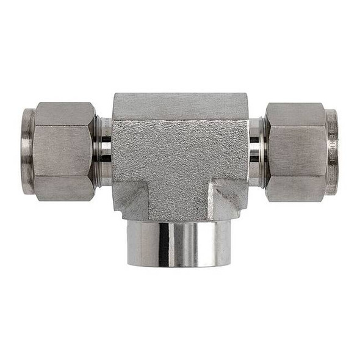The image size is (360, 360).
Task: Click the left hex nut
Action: click(x=64, y=151)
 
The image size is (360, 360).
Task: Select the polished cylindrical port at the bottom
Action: click(x=179, y=243)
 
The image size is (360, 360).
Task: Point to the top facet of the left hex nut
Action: click(x=64, y=113)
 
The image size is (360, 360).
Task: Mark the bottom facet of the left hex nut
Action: click(x=64, y=189)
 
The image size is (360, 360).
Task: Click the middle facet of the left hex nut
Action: click(x=64, y=151)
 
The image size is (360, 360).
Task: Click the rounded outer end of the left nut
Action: click(x=27, y=151)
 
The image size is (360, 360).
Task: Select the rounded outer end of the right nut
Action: click(x=331, y=151)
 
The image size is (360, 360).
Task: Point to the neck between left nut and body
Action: click(x=104, y=151)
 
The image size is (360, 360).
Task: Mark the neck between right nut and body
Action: click(x=256, y=151)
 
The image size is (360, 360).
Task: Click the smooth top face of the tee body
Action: click(x=180, y=106)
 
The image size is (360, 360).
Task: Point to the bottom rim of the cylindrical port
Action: click(x=179, y=264)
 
